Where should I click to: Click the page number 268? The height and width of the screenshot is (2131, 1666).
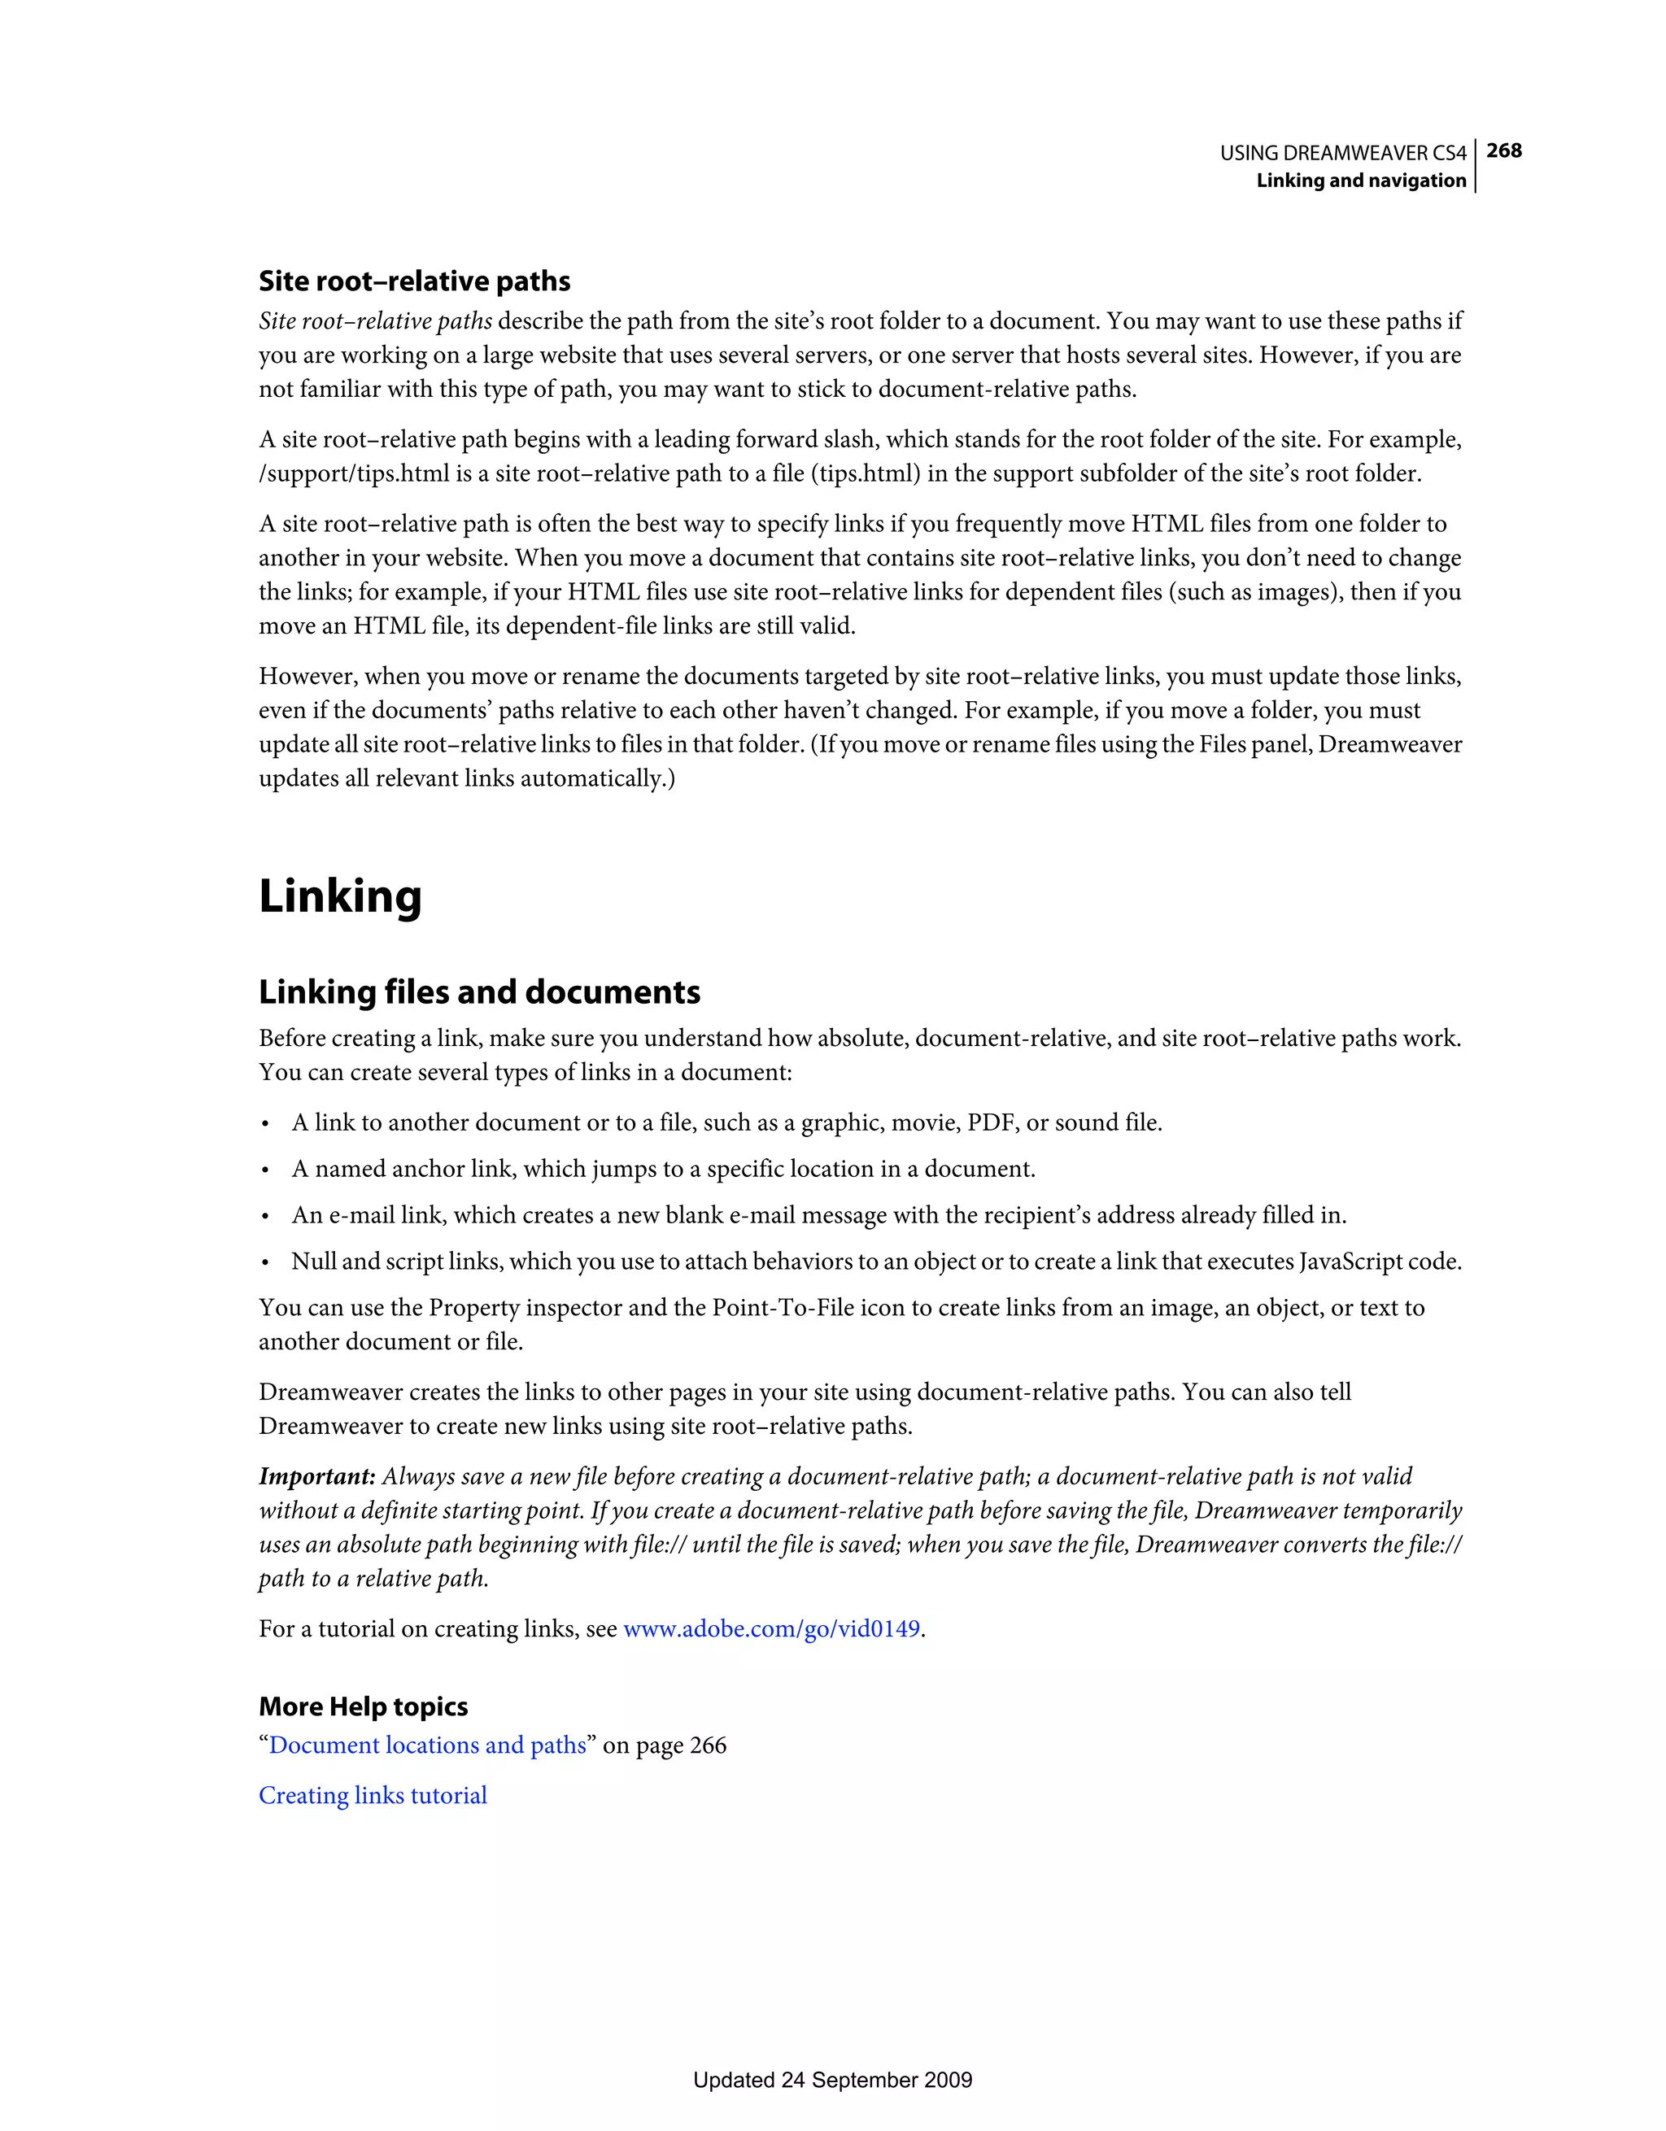click(1504, 151)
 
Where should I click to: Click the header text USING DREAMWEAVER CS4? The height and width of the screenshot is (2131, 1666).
click(1342, 153)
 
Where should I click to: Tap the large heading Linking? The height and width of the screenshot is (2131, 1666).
click(340, 896)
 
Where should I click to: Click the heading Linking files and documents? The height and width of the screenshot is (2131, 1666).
click(479, 992)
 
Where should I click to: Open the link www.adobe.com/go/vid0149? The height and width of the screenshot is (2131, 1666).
click(771, 1628)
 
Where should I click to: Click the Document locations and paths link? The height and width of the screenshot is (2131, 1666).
click(427, 1745)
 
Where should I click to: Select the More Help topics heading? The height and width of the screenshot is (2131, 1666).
click(363, 1706)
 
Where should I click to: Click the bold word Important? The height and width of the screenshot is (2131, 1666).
click(317, 1476)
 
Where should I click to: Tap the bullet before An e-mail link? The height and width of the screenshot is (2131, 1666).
click(264, 1217)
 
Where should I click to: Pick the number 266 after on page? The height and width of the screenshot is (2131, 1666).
click(708, 1745)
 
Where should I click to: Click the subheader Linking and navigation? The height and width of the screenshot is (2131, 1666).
click(1360, 181)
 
